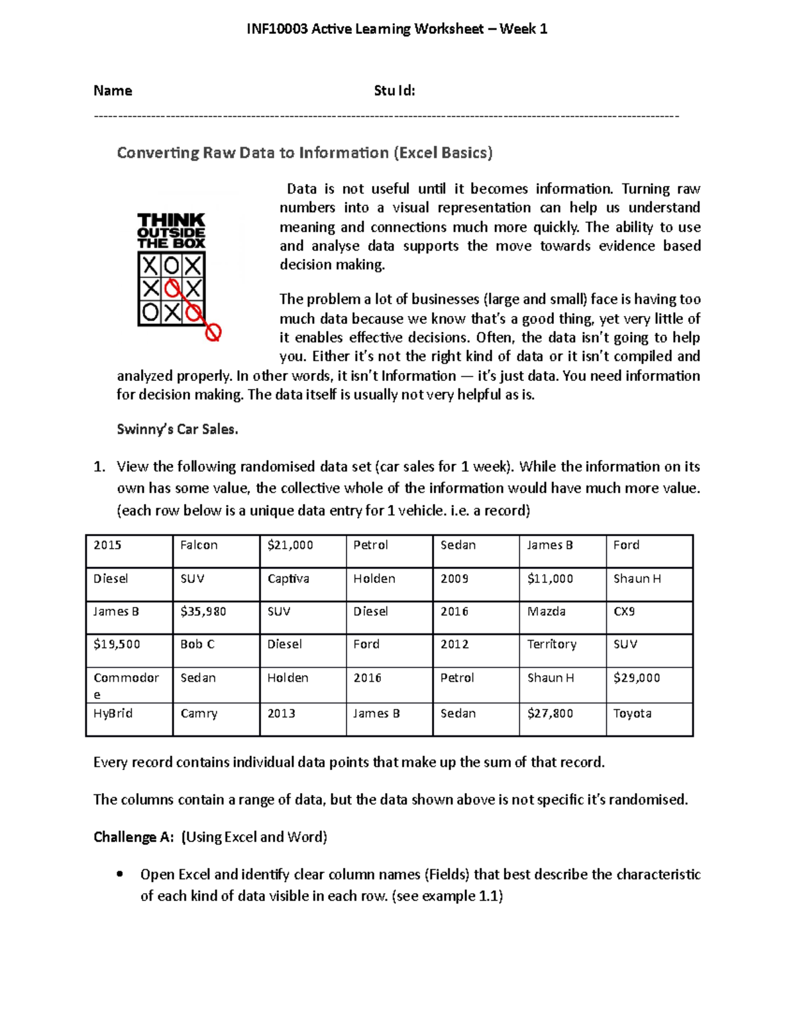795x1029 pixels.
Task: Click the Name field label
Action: (113, 91)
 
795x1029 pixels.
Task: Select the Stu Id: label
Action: (394, 91)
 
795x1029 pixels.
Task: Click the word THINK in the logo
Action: (171, 219)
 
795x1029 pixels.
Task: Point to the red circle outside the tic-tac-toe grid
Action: (213, 333)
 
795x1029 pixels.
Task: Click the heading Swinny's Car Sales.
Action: (177, 429)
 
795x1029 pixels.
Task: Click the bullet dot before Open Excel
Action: (119, 874)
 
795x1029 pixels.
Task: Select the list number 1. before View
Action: (99, 467)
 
